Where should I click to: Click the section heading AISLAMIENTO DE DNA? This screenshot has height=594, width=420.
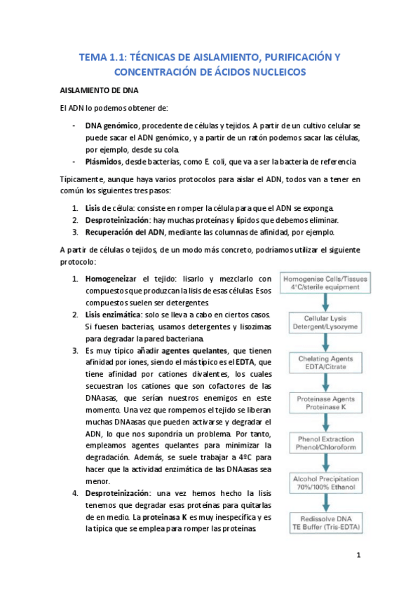[x=98, y=91]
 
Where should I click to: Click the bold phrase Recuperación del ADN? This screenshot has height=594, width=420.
[x=125, y=233]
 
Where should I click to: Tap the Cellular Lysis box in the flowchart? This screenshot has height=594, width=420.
[x=325, y=322]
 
